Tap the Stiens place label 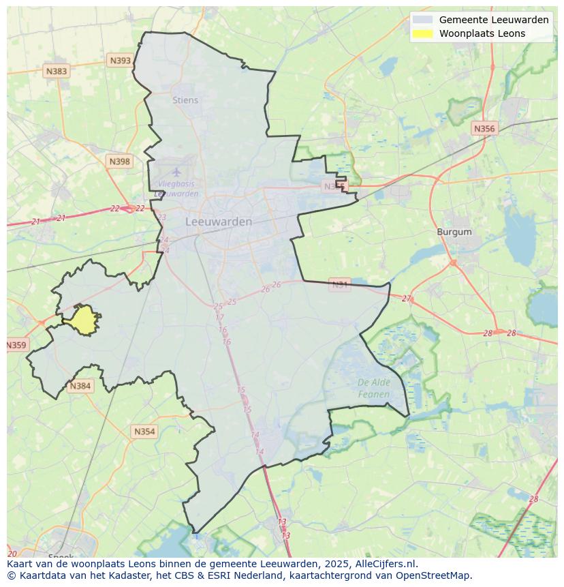click(185, 100)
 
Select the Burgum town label click(454, 232)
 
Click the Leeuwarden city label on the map click(219, 222)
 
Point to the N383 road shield click(57, 71)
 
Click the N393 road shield click(120, 61)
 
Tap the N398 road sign click(119, 162)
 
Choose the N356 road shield click(484, 128)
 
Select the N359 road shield click(16, 345)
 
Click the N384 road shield click(80, 386)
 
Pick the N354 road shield click(144, 432)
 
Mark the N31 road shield click(339, 284)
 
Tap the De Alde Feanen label click(374, 388)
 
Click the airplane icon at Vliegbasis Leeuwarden click(177, 172)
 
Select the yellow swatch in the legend click(422, 33)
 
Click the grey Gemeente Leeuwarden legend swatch click(422, 20)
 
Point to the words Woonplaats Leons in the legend click(482, 33)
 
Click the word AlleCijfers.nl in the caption click(385, 564)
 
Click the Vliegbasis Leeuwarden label click(176, 189)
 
